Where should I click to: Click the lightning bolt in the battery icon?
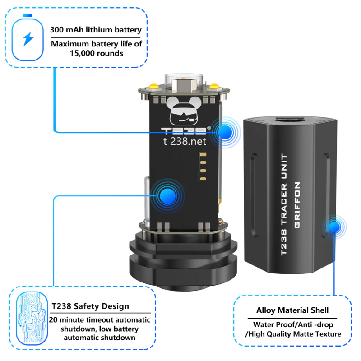(28, 39)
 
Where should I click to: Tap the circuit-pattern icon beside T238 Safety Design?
(32, 319)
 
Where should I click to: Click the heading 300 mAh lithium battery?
(96, 30)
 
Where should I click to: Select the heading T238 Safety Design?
(90, 306)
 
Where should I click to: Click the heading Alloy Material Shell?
(292, 310)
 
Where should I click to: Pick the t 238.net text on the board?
(185, 141)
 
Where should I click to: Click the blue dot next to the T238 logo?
(225, 132)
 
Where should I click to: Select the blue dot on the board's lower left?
(168, 196)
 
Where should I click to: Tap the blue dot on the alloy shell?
(334, 227)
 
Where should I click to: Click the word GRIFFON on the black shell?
(297, 205)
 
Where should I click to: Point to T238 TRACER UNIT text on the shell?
(284, 204)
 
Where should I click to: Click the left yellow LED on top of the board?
(153, 87)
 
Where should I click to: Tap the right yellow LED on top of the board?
(214, 86)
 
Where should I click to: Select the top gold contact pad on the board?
(203, 154)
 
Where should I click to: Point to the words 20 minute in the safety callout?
(65, 320)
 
